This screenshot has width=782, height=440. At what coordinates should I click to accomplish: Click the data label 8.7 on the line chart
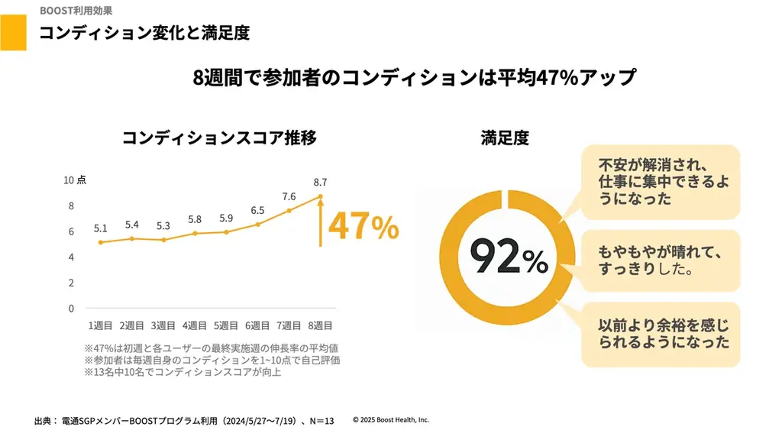[320, 182]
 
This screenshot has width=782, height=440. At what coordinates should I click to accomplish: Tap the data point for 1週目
[100, 242]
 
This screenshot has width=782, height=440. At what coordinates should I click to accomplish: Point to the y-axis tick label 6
[71, 231]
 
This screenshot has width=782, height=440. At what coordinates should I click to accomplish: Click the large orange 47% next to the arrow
[364, 227]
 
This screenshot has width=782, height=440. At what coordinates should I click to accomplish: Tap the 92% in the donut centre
[508, 257]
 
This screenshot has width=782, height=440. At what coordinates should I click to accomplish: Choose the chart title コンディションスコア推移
[219, 137]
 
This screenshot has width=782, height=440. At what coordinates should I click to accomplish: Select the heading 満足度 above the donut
[505, 137]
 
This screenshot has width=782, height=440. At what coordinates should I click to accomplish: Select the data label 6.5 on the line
[257, 210]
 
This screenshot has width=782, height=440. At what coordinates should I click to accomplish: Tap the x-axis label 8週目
[319, 325]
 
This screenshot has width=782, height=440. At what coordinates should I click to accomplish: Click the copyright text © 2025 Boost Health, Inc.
[391, 419]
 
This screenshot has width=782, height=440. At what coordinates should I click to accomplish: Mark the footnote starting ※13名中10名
[183, 372]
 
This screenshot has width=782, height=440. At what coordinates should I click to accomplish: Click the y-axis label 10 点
[74, 180]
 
